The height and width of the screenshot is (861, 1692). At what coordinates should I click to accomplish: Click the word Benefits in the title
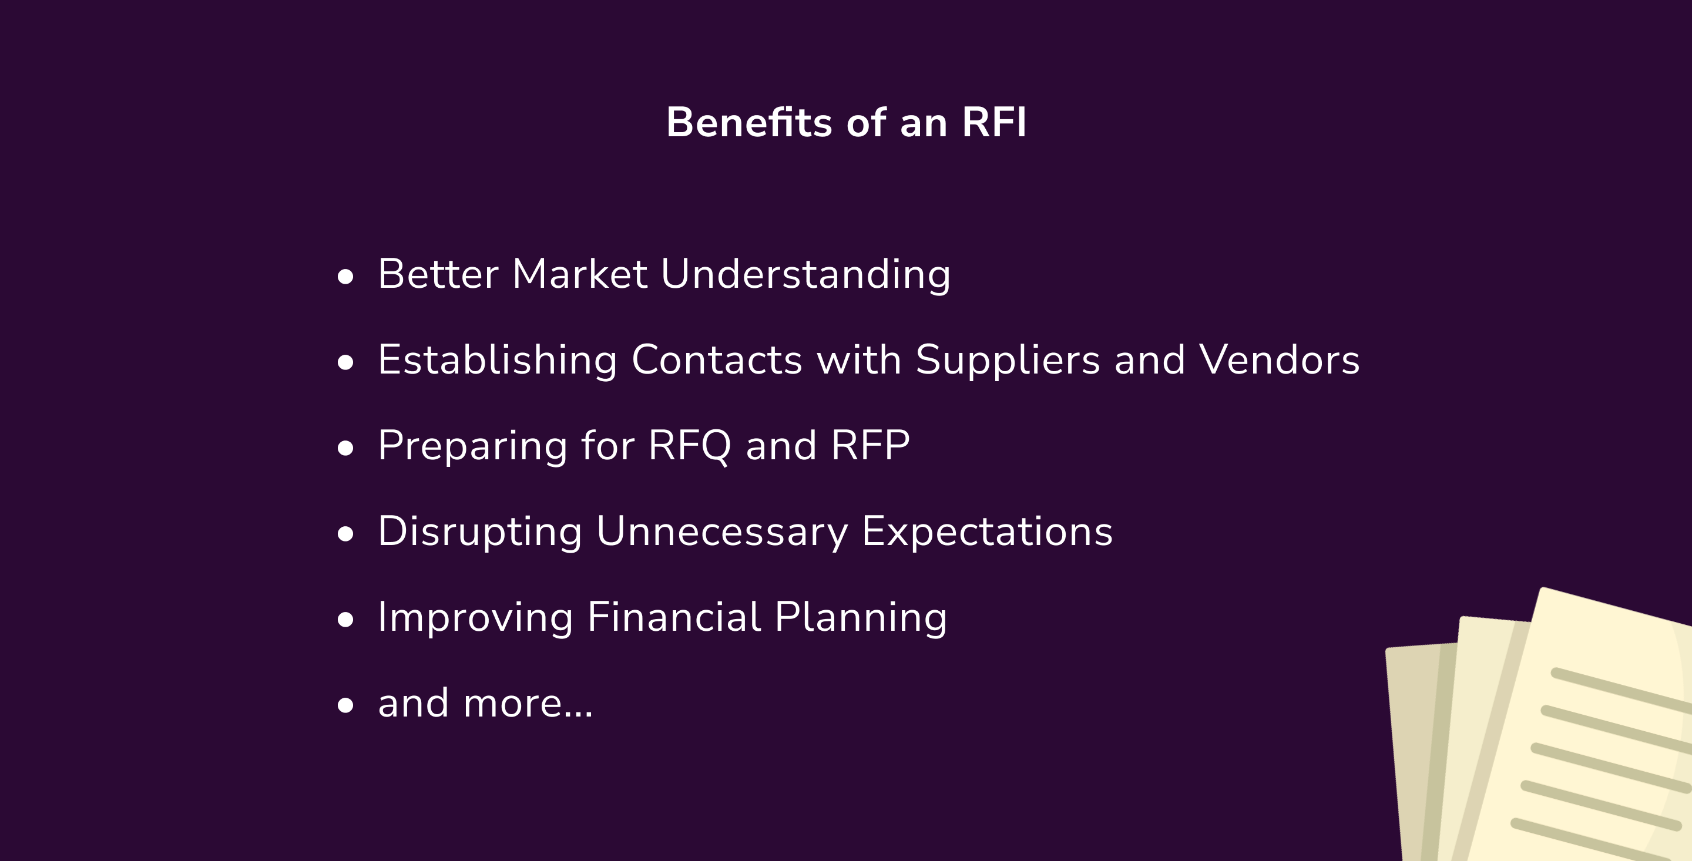point(750,122)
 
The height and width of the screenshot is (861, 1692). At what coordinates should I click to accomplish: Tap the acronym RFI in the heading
point(994,122)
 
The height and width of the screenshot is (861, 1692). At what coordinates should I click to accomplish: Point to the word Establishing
point(497,361)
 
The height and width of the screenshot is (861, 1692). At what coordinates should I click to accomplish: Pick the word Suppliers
point(1008,361)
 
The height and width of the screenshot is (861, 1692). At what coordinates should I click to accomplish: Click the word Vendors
point(1279,360)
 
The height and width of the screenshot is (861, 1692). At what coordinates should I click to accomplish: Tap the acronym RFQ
point(690,446)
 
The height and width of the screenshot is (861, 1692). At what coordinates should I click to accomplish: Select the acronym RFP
point(870,445)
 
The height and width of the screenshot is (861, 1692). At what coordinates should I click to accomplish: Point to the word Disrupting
point(480,532)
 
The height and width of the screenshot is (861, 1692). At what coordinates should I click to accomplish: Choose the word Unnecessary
point(722,533)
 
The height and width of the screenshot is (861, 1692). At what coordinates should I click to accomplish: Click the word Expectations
point(987,532)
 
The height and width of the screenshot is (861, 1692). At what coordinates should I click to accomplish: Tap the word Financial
point(674,617)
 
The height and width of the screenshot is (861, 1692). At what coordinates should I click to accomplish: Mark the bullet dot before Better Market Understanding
point(345,277)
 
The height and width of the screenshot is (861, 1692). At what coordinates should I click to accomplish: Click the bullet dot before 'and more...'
point(345,705)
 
